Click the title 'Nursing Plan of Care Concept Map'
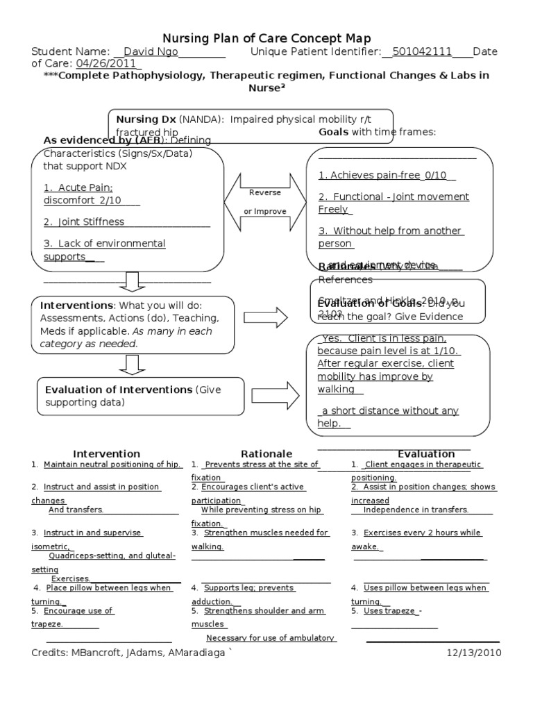266,38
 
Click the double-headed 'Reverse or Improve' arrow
265,201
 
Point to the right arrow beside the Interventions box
265,317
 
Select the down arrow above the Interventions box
131,281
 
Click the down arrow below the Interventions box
131,363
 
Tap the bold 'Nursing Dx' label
145,119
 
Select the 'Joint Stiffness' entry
84,222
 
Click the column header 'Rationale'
266,454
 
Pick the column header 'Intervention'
107,454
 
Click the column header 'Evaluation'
426,454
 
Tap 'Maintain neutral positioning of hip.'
112,465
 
